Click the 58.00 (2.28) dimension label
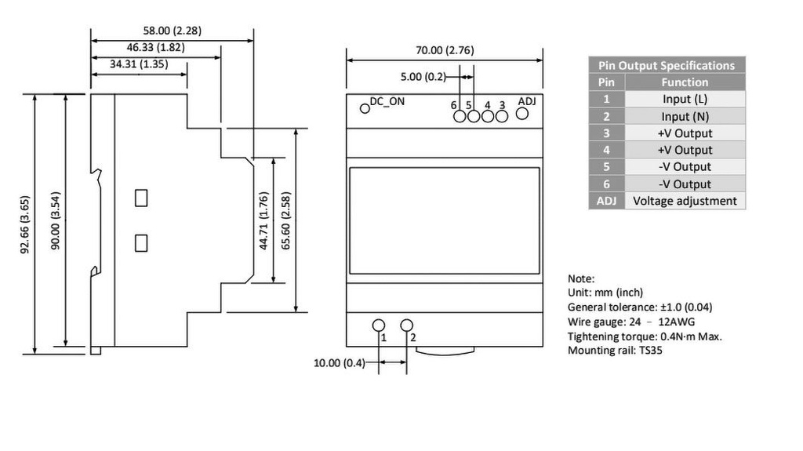172,31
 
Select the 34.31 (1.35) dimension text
139,64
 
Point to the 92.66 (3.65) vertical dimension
26,224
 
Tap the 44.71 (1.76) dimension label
264,221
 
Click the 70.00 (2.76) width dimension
445,50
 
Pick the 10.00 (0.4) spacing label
340,362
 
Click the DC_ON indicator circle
365,107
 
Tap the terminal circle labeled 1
379,326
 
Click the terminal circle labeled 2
407,326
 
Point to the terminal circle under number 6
460,117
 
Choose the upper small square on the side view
141,198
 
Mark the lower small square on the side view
141,242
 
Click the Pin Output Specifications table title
667,65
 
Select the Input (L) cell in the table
685,99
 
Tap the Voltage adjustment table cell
685,201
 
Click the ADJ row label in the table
606,201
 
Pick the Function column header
685,82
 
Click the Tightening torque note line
645,336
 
